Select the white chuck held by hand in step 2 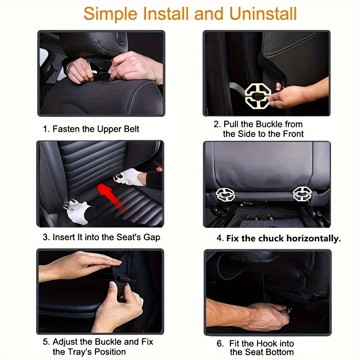pyautogui.click(x=258, y=95)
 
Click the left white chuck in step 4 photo pyautogui.click(x=225, y=194)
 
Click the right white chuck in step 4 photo pyautogui.click(x=302, y=194)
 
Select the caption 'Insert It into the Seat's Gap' pyautogui.click(x=101, y=237)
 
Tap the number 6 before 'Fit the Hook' pyautogui.click(x=220, y=343)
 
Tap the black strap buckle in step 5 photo pyautogui.click(x=123, y=283)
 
